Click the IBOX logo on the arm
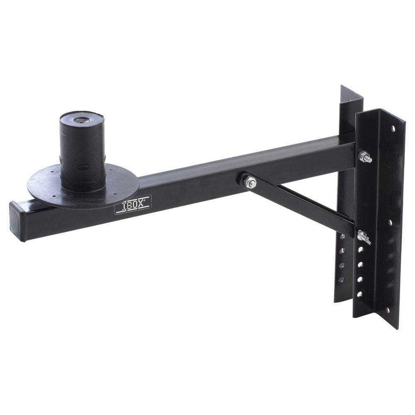click(133, 205)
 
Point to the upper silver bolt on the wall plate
click(365, 157)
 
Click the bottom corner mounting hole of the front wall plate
click(388, 310)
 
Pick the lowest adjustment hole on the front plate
click(359, 294)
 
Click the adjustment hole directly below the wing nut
click(360, 249)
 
